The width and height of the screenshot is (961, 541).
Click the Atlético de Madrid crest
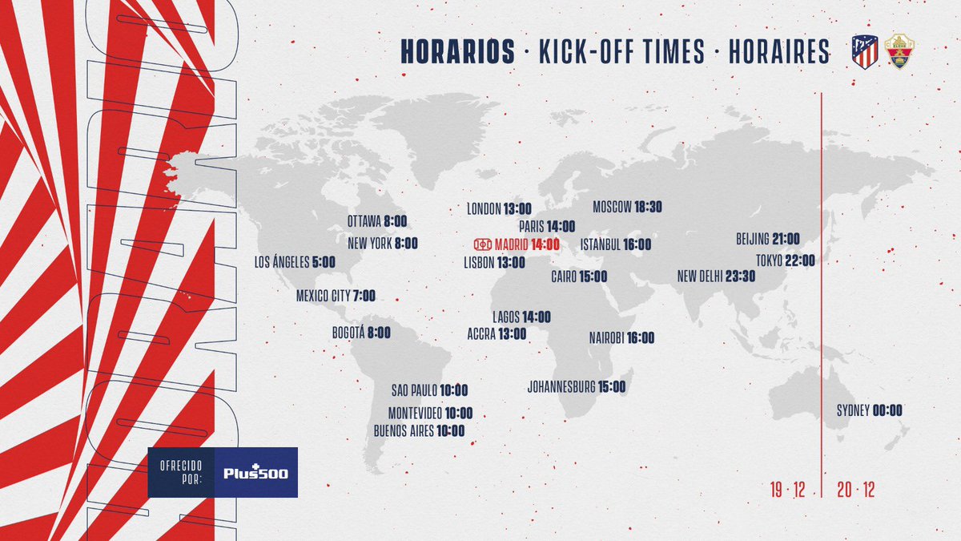point(865,51)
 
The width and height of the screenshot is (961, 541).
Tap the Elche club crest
point(900,51)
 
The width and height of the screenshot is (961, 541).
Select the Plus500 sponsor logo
point(256,472)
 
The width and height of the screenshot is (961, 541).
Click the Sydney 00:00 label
point(869,410)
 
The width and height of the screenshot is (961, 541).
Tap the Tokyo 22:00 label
point(785,260)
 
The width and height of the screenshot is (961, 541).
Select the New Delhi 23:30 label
point(716,276)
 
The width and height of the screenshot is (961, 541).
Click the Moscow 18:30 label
point(627,207)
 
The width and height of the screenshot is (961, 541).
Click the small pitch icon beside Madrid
point(482,244)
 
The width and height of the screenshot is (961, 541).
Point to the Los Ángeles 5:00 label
point(295,261)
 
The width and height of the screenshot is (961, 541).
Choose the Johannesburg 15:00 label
point(577,386)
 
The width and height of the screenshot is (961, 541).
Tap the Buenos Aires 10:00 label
point(419,430)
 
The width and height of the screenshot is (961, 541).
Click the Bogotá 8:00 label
point(361,333)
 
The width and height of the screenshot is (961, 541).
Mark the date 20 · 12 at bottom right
point(855,491)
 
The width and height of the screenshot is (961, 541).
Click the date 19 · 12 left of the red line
point(787,491)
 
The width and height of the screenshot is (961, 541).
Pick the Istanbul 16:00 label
point(615,244)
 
